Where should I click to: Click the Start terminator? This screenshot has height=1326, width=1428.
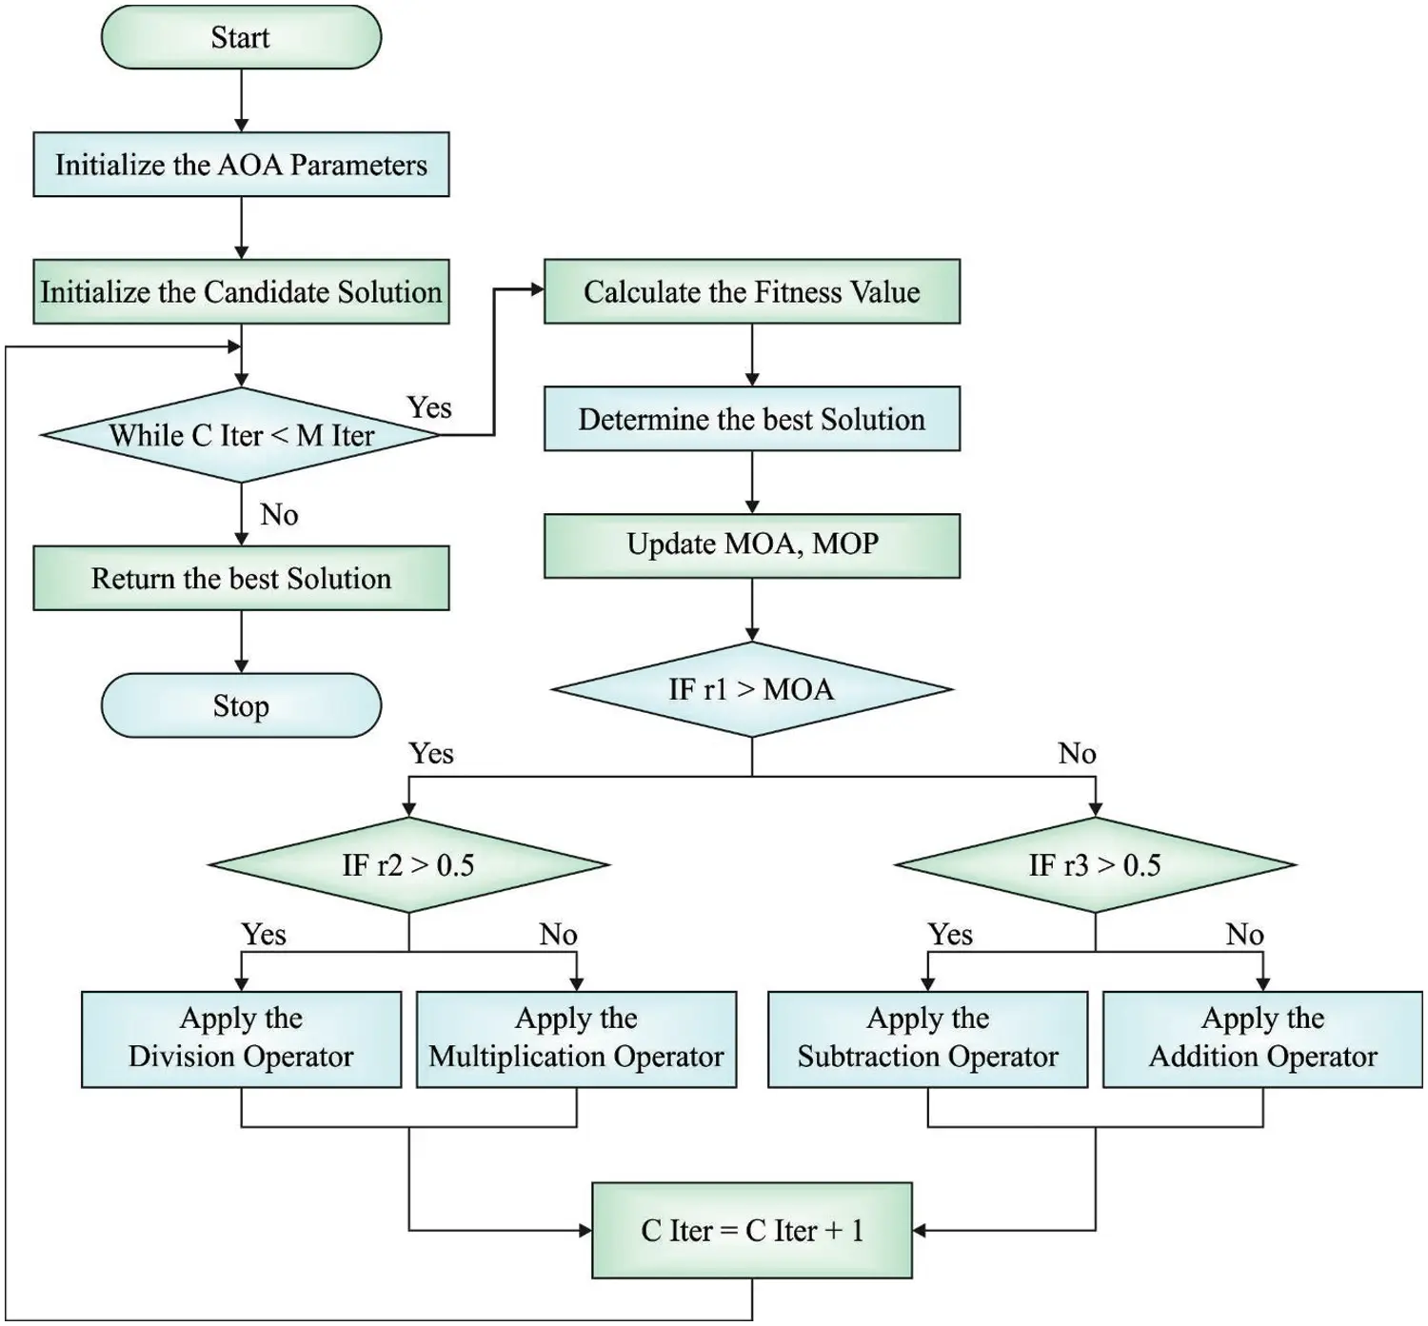coord(241,38)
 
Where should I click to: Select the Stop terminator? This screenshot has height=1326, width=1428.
coord(241,705)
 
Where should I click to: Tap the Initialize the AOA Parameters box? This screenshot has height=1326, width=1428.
coord(241,165)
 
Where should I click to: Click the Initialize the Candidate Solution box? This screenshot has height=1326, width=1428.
coord(241,291)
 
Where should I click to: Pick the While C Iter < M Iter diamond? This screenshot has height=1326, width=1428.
coord(241,435)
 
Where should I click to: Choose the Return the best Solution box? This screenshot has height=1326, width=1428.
coord(241,578)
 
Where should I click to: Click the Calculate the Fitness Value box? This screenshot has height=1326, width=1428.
coord(751,291)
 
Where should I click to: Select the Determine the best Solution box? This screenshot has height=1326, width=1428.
coord(751,419)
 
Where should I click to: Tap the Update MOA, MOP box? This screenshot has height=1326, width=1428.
coord(751,545)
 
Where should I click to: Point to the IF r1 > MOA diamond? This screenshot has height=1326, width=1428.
coord(751,689)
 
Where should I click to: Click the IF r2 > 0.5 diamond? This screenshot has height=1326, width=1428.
coord(408,864)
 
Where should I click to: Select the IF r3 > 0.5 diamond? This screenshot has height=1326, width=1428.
coord(1095,864)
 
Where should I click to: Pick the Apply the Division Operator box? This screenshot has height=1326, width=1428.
coord(241,1039)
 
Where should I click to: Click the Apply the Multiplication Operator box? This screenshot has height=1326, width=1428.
coord(576,1039)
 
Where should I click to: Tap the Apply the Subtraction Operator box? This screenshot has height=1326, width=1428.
coord(927,1039)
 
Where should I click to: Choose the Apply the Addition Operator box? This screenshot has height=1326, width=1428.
coord(1262,1039)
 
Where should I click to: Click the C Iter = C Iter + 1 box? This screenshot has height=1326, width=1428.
coord(751,1230)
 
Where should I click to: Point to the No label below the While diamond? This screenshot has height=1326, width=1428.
coord(279,515)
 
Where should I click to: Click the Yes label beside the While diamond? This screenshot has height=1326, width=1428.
coord(429,407)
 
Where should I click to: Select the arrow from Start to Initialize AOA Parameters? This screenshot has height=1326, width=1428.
coord(241,100)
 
